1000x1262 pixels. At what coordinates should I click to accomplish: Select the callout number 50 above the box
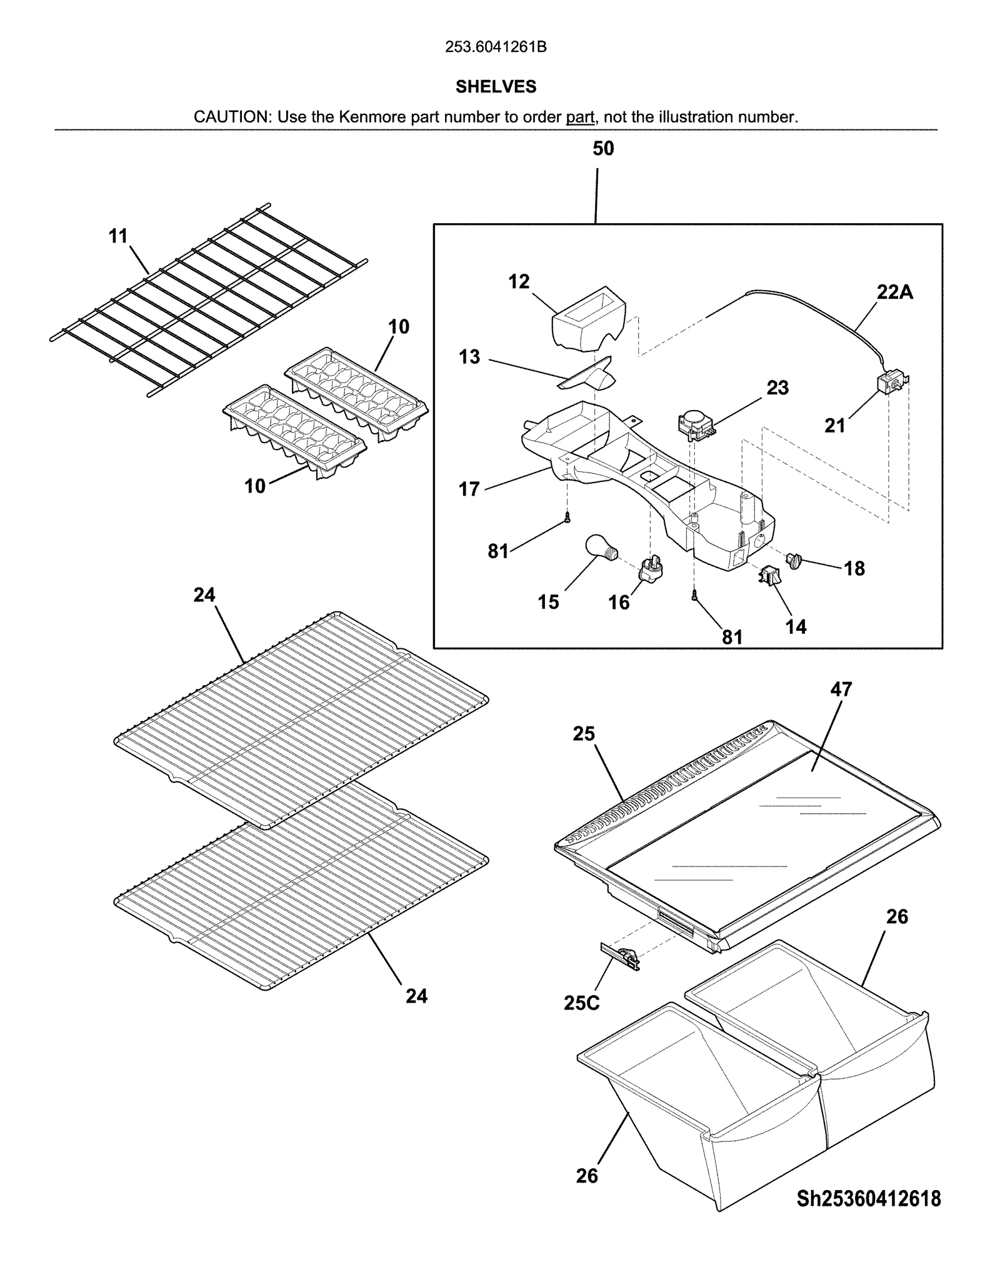click(603, 149)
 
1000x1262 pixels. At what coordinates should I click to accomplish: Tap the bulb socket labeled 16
click(650, 568)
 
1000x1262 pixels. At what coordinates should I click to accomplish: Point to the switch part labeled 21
click(891, 383)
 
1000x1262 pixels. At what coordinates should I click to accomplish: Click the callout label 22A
click(894, 292)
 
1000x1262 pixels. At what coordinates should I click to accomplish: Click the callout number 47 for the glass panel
click(841, 689)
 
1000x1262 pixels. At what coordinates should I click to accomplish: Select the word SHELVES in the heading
click(496, 87)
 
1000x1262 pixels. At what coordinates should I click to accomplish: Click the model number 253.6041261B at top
click(496, 47)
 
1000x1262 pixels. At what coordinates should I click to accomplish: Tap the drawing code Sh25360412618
click(868, 1198)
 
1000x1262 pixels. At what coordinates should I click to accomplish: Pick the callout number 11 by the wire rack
click(118, 236)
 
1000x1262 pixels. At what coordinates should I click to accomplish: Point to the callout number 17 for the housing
click(469, 489)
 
